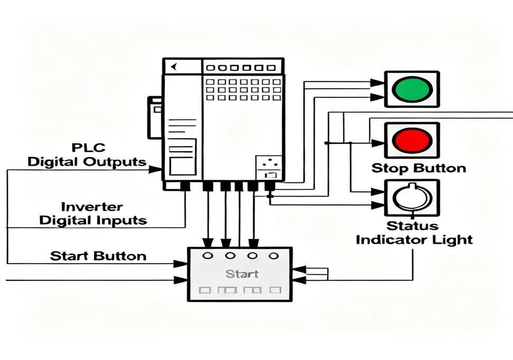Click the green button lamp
tap(412, 89)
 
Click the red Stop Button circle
tap(411, 141)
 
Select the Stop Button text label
tap(418, 169)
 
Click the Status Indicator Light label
tap(414, 233)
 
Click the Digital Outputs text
tap(87, 162)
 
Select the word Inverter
tap(92, 207)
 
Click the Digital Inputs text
tap(93, 220)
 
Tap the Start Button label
tap(98, 256)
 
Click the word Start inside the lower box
tap(241, 274)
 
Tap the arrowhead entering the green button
tap(377, 83)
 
